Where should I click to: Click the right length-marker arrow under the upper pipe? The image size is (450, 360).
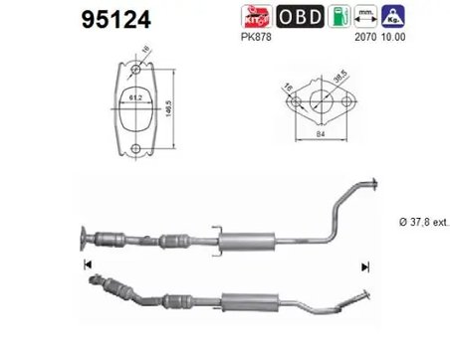tap(366, 266)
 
